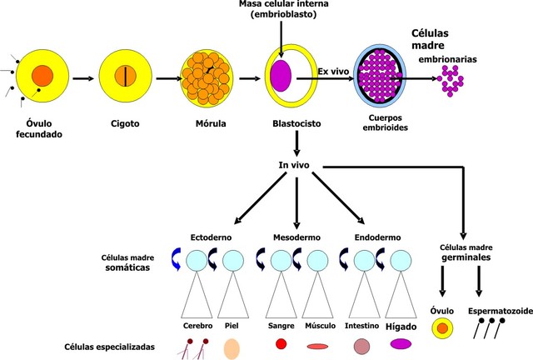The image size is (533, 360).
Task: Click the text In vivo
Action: [294, 166]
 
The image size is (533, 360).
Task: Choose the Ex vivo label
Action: [333, 72]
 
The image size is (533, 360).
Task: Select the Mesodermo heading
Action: [295, 237]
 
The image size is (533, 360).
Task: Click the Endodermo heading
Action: [379, 237]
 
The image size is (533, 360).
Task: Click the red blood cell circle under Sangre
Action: [281, 343]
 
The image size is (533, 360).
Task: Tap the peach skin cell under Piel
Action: [232, 345]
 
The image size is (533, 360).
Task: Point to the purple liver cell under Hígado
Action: [401, 343]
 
